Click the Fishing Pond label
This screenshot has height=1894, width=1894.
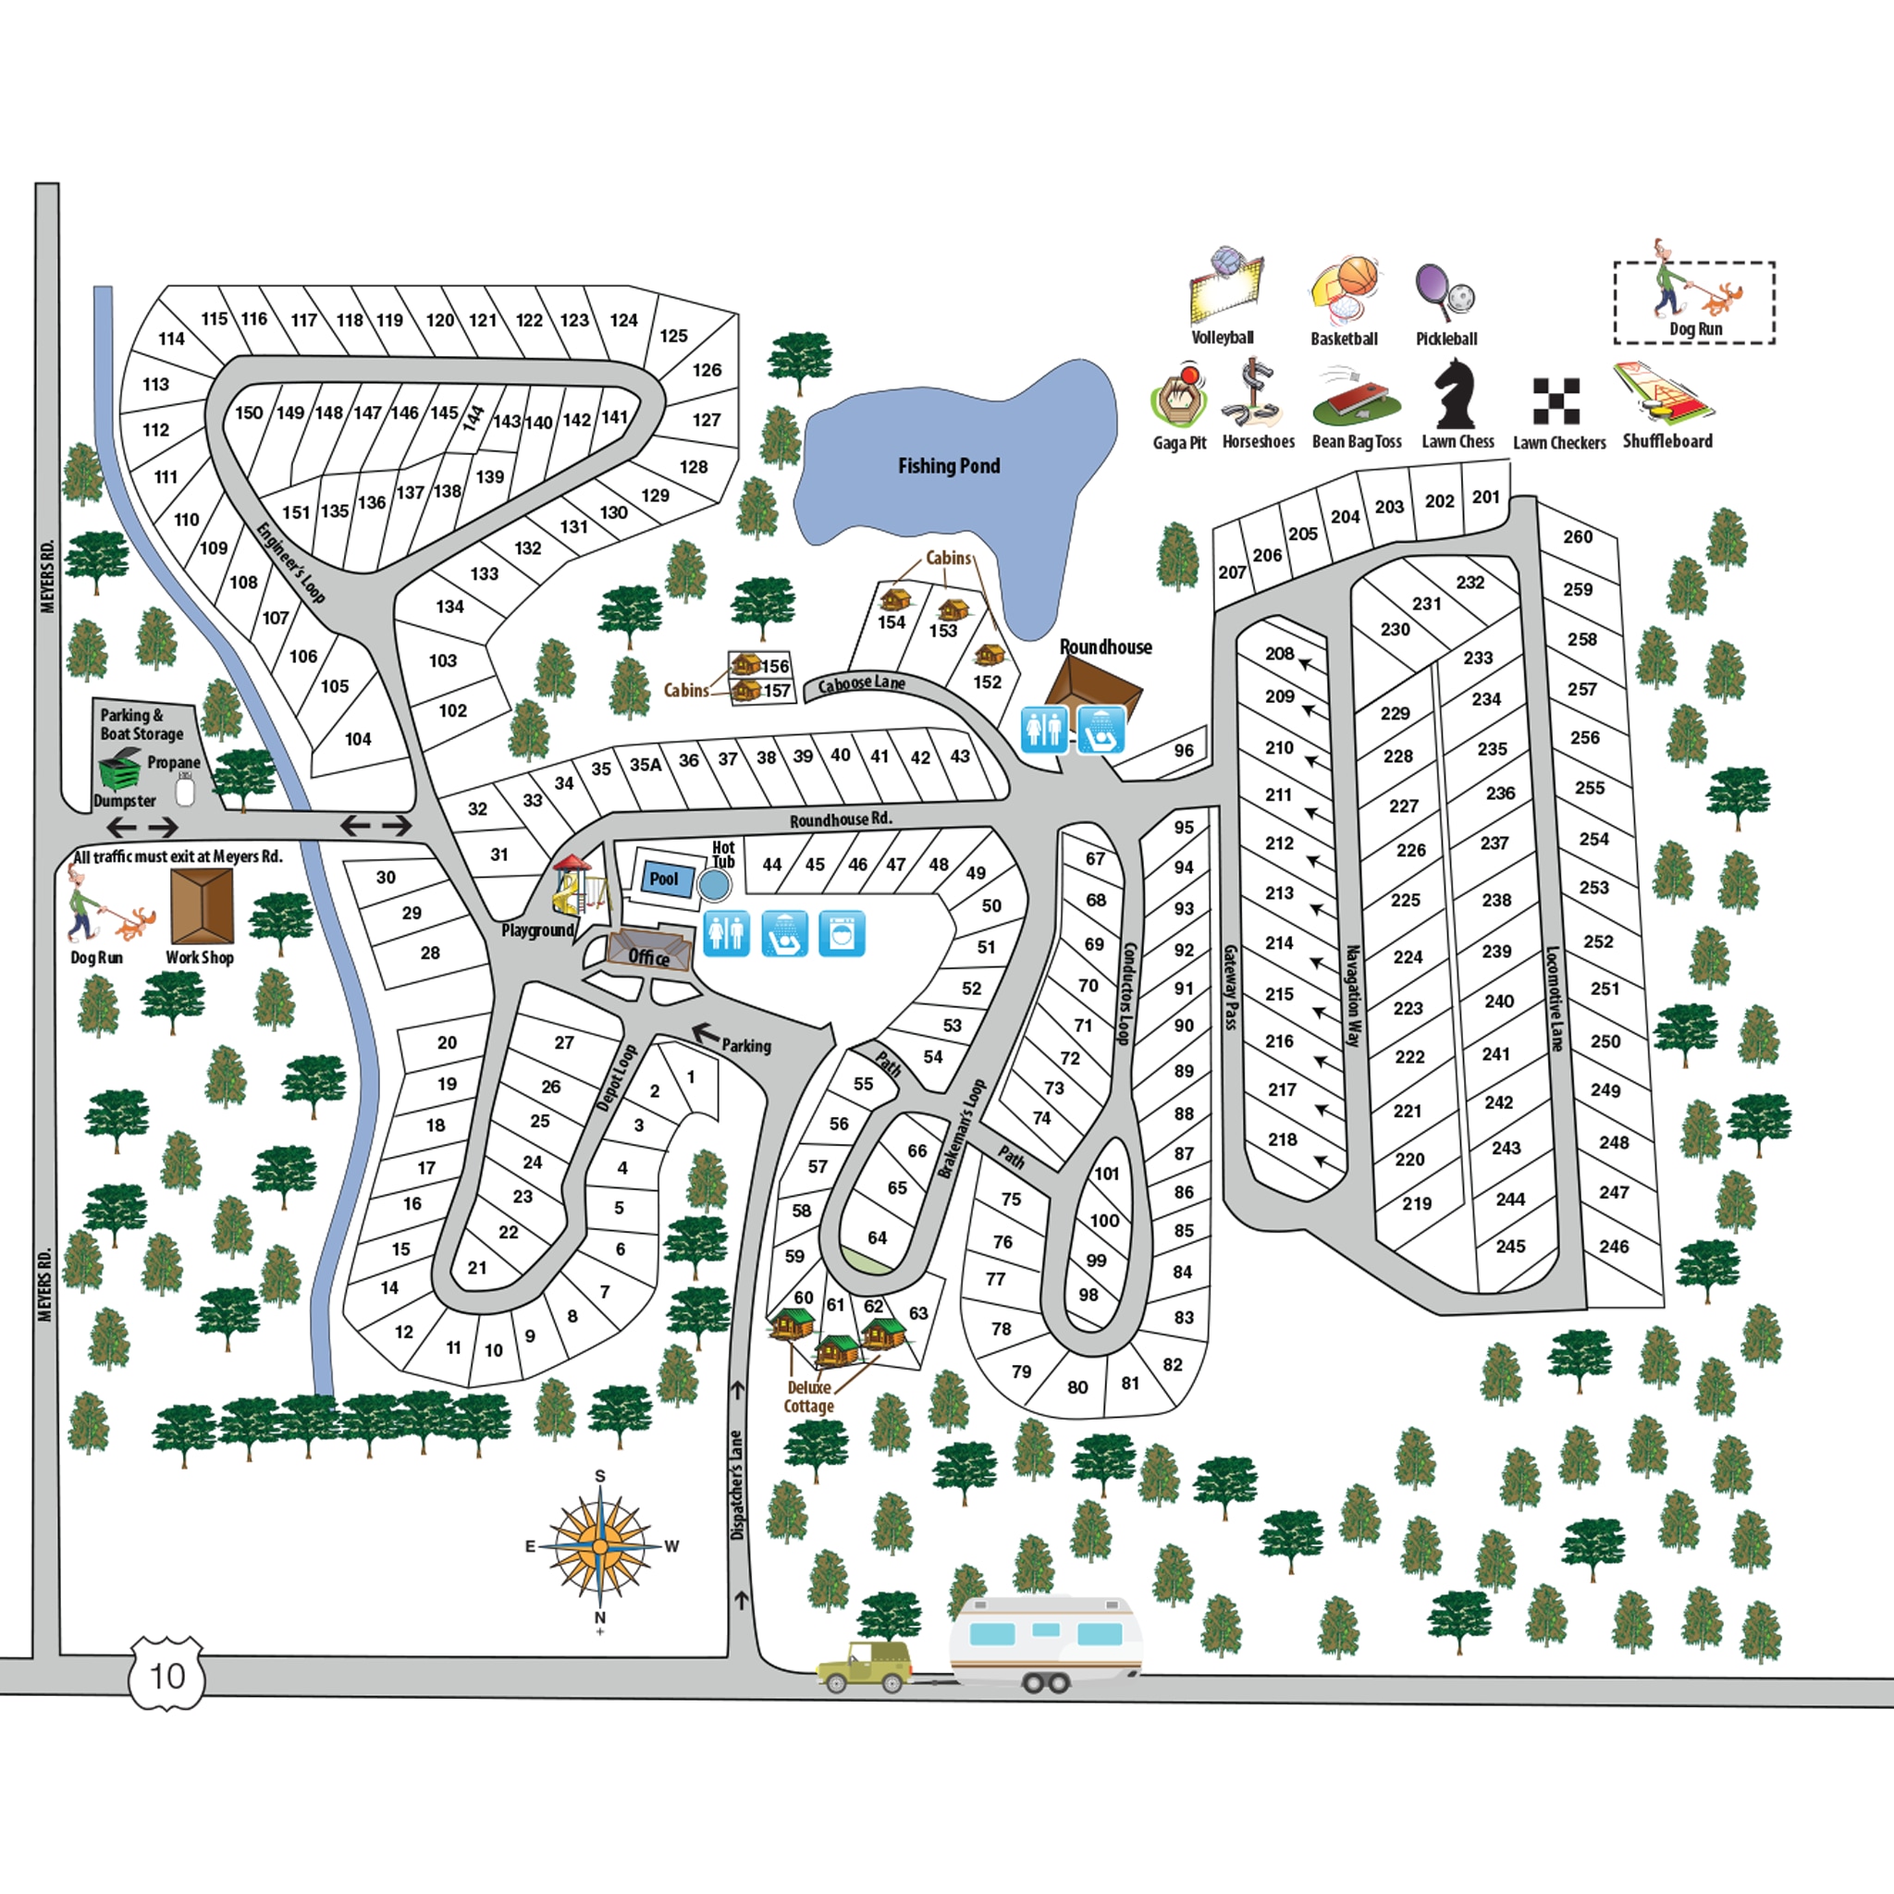(x=949, y=466)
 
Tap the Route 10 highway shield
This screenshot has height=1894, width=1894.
(x=166, y=1676)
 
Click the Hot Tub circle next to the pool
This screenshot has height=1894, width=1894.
(x=715, y=885)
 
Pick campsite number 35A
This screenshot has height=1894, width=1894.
(x=646, y=765)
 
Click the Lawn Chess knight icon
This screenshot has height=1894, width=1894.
(x=1456, y=394)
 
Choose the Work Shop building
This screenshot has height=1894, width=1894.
(x=202, y=907)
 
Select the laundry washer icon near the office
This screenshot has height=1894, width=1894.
(x=842, y=933)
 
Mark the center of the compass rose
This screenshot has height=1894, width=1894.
(x=600, y=1546)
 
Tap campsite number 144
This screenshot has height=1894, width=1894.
(x=474, y=419)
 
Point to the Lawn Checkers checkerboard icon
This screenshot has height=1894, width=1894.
(x=1556, y=401)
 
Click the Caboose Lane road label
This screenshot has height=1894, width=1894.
(x=862, y=683)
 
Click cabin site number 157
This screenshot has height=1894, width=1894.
(x=777, y=691)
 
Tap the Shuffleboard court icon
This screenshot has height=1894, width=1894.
(x=1665, y=392)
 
